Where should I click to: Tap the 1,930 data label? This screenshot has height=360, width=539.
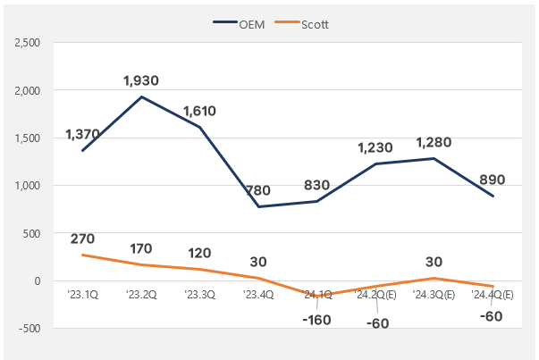[x=140, y=81]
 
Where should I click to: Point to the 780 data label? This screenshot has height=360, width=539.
[x=259, y=190]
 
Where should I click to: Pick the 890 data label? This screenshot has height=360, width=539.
[x=493, y=179]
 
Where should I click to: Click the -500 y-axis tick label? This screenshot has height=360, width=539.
[x=28, y=329]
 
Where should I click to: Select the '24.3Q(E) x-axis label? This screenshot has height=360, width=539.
[x=433, y=293]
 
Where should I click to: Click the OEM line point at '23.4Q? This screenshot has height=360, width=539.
[x=259, y=206]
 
